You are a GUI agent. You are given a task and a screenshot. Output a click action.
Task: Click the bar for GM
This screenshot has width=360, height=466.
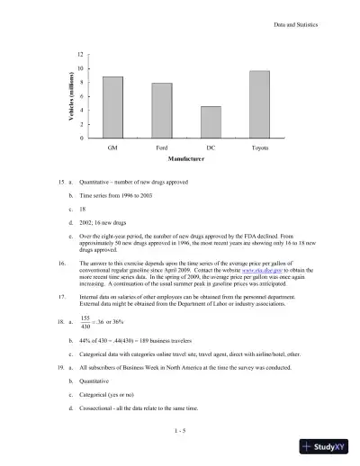point(112,107)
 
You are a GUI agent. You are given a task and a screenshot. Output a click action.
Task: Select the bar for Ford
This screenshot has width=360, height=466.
point(161,110)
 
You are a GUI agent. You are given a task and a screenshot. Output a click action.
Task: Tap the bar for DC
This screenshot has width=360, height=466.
point(210,121)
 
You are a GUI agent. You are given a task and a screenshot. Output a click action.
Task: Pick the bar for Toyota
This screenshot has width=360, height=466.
point(259,103)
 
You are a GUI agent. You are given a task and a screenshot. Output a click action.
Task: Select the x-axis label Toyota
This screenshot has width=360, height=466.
point(259,146)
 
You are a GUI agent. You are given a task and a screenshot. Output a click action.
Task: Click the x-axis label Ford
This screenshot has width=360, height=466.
point(161,146)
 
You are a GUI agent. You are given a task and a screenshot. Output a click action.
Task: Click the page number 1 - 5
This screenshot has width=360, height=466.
point(180,431)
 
